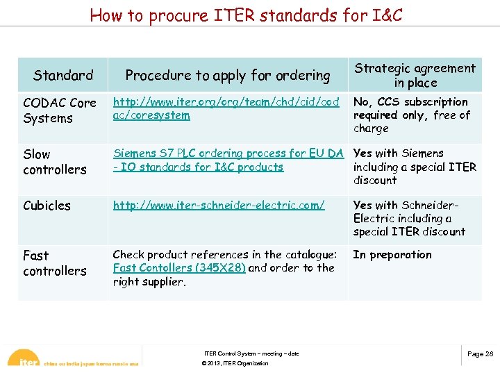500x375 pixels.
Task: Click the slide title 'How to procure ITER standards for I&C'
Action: (x=246, y=15)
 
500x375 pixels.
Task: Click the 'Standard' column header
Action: (x=63, y=75)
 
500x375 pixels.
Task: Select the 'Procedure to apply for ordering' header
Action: (x=228, y=75)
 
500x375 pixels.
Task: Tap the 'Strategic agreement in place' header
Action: (x=415, y=75)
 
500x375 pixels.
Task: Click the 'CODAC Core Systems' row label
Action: (x=60, y=110)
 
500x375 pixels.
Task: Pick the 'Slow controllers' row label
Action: (x=54, y=161)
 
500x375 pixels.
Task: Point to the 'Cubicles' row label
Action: (x=47, y=205)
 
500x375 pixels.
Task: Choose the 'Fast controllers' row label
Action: (x=54, y=262)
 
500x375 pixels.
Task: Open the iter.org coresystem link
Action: (x=226, y=108)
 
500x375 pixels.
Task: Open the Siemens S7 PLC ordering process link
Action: (x=228, y=160)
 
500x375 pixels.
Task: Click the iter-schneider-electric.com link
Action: (x=219, y=205)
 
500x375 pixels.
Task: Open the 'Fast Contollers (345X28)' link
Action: (x=179, y=267)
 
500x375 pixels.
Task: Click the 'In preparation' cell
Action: (x=392, y=254)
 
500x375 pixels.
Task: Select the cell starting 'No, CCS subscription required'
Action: (x=411, y=115)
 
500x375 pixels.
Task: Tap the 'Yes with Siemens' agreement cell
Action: (x=415, y=167)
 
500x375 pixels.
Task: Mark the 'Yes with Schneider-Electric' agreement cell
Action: (x=409, y=218)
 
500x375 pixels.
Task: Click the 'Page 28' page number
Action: (x=480, y=354)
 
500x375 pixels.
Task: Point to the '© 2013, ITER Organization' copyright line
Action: (x=234, y=364)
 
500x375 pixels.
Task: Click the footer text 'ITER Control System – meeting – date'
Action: (x=251, y=353)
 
